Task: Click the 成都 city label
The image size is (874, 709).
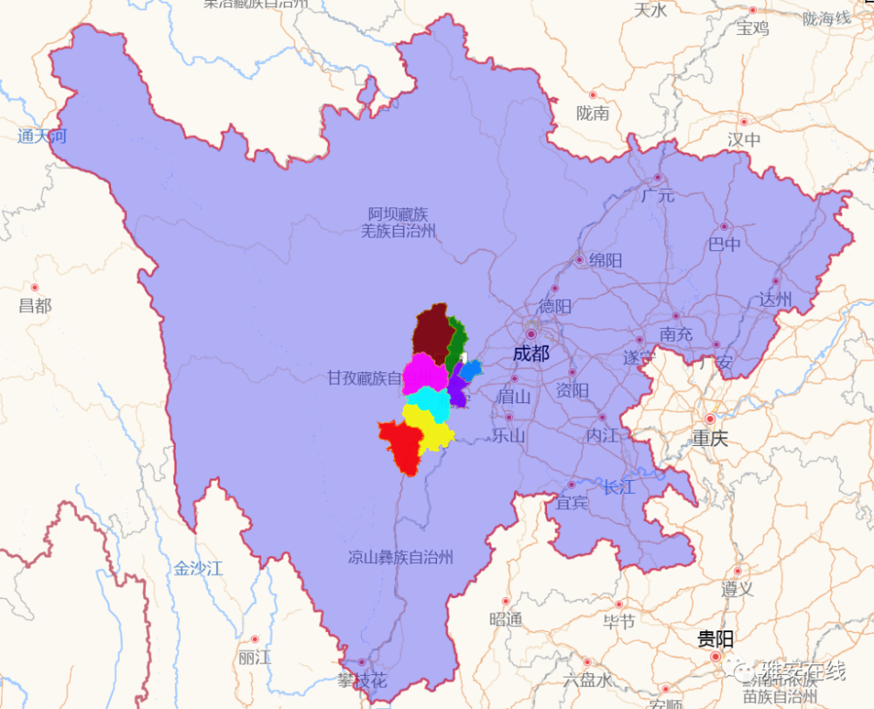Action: coord(531,353)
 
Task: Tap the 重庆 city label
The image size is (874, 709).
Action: coord(709,438)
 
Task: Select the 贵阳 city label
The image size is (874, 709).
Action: coord(715,639)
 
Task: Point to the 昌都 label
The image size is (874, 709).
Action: coord(35,306)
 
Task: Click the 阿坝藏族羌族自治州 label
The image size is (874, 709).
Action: coord(399,223)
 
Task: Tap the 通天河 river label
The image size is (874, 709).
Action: coord(41,136)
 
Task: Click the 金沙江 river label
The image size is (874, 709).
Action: coord(198,568)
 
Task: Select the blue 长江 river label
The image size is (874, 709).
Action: coord(619,487)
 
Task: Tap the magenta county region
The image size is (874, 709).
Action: coord(425,373)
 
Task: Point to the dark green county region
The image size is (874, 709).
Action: coord(455,345)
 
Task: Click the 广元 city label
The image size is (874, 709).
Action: coord(657,195)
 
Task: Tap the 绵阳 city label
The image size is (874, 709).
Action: coord(605,261)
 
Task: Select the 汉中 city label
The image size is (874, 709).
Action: coord(744,139)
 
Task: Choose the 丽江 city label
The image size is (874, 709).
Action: coord(253,657)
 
